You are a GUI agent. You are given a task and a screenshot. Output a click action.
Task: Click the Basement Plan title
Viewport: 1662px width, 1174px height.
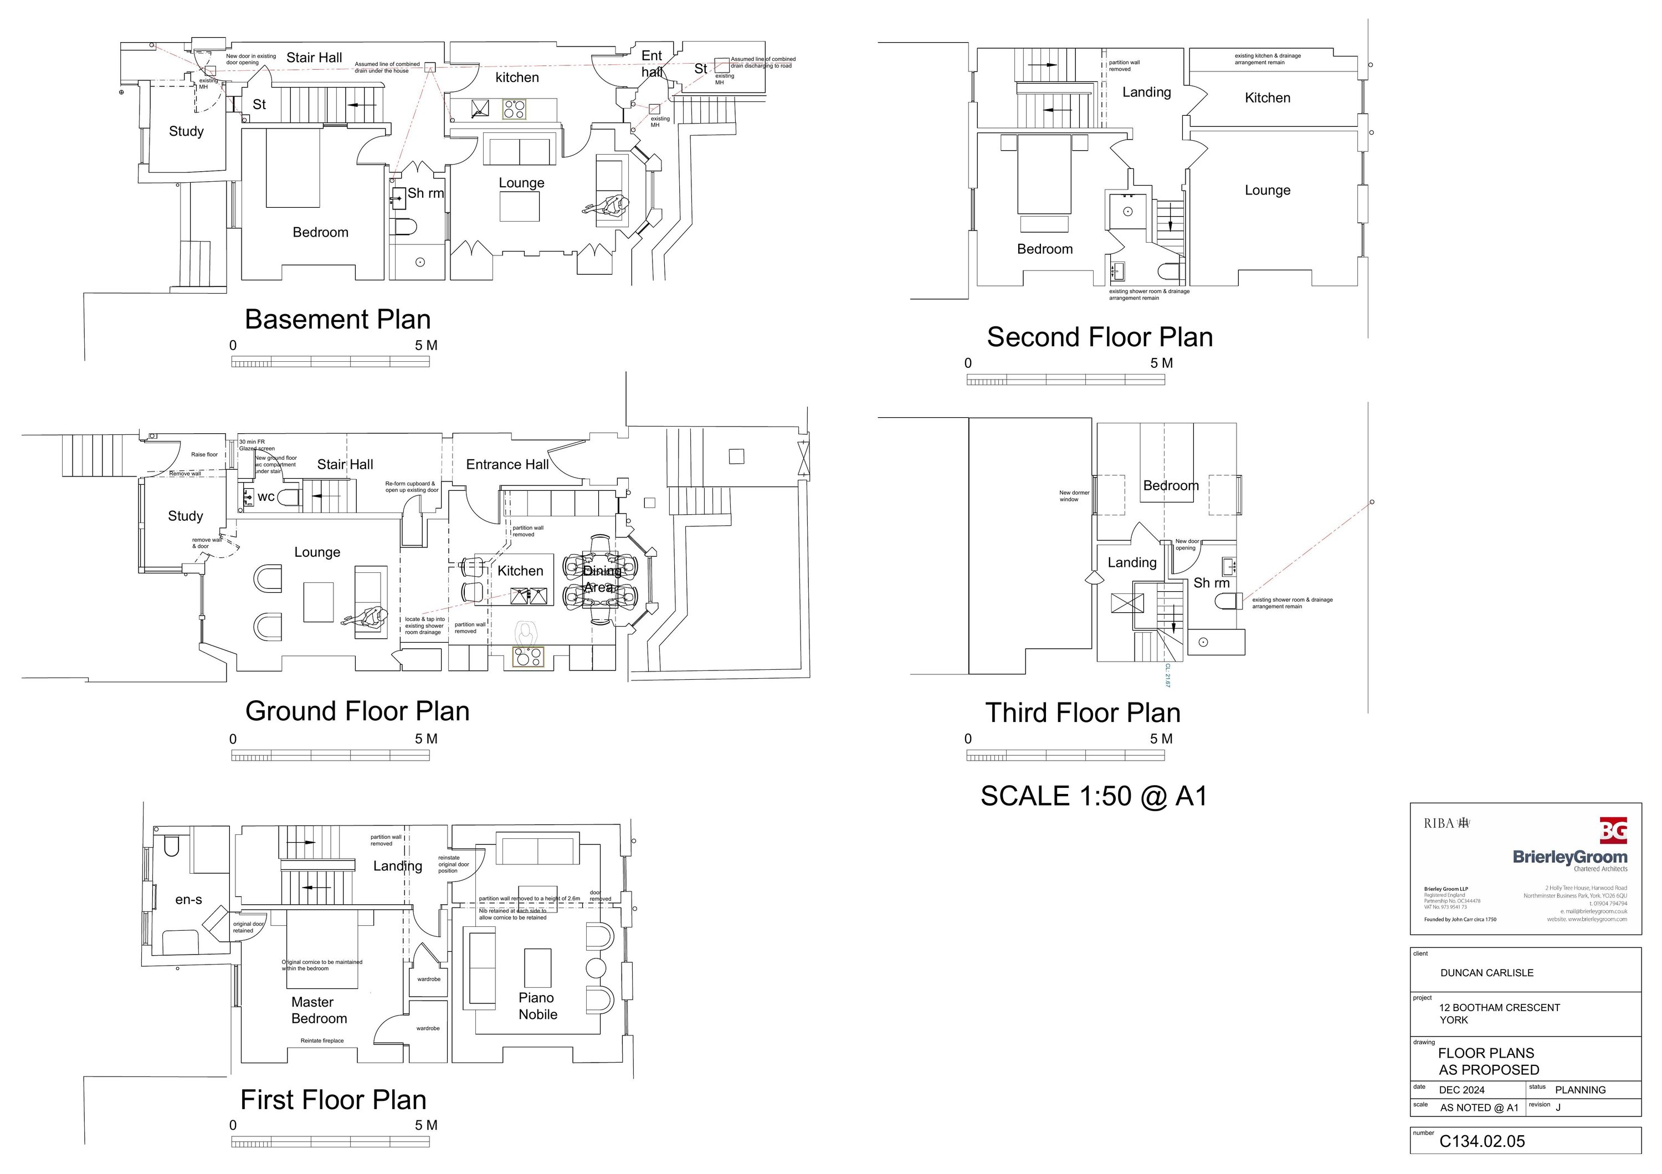coord(337,319)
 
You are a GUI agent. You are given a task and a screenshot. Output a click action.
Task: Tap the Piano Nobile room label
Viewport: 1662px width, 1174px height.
coord(537,1006)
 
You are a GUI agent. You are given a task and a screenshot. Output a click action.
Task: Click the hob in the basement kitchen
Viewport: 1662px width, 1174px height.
coord(514,109)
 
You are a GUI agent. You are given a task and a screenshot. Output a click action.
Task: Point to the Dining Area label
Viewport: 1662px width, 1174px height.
coord(601,579)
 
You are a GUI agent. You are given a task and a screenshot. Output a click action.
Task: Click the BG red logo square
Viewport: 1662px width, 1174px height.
coord(1613,830)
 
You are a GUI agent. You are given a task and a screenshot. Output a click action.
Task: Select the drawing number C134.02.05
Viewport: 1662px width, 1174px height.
coord(1482,1141)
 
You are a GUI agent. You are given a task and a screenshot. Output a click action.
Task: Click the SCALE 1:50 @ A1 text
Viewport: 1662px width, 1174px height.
coord(1094,796)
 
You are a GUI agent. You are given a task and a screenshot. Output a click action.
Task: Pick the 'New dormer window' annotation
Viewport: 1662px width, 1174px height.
coord(1074,496)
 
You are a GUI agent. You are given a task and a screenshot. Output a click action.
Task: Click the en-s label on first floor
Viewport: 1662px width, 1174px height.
coord(188,900)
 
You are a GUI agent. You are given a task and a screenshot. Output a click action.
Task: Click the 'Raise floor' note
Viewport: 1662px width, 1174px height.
coord(204,454)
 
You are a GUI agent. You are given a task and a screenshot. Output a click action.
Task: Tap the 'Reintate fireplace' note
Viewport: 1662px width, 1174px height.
coord(322,1041)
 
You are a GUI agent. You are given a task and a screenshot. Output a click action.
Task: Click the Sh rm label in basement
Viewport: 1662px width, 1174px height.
coord(425,193)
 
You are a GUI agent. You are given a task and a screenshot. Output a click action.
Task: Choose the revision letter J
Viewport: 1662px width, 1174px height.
coord(1558,1108)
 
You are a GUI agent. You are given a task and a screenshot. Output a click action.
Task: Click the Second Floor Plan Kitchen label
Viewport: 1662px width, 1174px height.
coord(1267,98)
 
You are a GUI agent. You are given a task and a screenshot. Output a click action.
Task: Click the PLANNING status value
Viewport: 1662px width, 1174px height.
coord(1579,1090)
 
